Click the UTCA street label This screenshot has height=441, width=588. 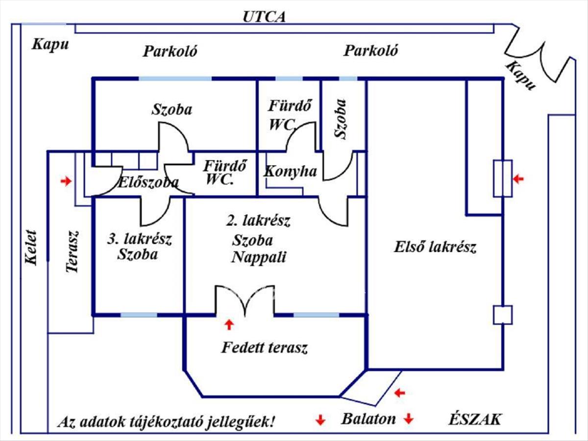coord(264,17)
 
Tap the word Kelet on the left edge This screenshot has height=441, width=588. coord(31,247)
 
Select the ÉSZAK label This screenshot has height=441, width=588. coord(475,419)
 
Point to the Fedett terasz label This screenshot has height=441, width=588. coord(264,348)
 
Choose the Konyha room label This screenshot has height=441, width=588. coord(290,171)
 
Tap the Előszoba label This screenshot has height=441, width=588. coord(148,183)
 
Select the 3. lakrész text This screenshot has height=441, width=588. coord(139,240)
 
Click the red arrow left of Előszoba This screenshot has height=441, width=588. coord(65,182)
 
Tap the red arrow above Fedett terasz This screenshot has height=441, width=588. coord(228,324)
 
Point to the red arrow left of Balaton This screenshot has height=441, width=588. coord(320,419)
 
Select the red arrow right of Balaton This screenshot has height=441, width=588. coord(409,419)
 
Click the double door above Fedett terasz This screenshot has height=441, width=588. coord(245,300)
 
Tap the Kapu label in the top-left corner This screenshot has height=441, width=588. coord(50,45)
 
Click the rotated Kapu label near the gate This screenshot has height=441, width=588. coord(520,75)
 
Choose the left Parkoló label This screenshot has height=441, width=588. coord(170,51)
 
